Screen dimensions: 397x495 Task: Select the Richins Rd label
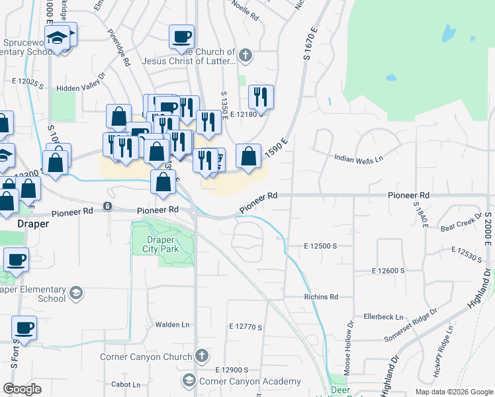point(321,297)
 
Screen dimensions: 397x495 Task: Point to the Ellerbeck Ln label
point(379,317)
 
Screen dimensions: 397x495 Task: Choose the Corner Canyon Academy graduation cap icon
point(189,380)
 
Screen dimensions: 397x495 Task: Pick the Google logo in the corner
point(22,389)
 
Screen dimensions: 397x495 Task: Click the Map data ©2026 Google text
point(453,392)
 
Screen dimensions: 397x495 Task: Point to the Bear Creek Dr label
point(461,222)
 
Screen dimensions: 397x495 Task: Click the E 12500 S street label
point(321,245)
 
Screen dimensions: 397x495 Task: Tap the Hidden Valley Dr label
point(89,87)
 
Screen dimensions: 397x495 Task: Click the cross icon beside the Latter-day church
point(246,56)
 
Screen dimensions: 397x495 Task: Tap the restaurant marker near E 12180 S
point(261,97)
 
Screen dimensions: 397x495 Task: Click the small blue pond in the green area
point(448,33)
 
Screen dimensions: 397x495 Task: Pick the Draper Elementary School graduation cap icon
point(76,292)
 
